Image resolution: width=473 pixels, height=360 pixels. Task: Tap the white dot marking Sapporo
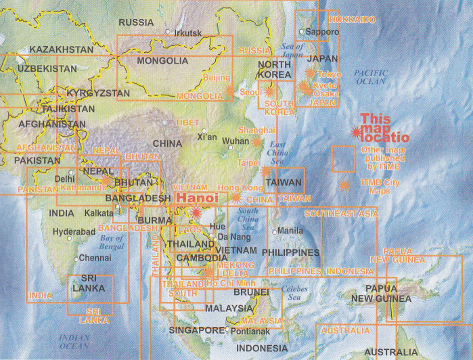point(302,31)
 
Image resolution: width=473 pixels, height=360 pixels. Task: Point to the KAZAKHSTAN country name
point(61,49)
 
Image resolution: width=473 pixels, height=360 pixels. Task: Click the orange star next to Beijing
point(229,89)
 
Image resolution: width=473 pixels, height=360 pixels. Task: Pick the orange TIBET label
point(187,122)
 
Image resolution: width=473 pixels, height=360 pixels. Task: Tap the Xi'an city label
point(207,137)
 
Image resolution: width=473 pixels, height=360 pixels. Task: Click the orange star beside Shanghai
point(256,142)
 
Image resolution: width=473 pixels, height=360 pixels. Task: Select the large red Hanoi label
point(197,198)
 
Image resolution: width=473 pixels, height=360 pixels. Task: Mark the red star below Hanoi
point(196,213)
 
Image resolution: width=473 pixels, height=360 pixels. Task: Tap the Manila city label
point(290,231)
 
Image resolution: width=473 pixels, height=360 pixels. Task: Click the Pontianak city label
point(250,331)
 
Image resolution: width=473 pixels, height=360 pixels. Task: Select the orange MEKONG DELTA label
point(235,269)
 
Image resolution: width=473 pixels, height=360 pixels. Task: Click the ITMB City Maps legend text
point(380,187)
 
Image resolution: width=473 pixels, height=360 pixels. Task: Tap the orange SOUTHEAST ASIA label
point(341,214)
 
